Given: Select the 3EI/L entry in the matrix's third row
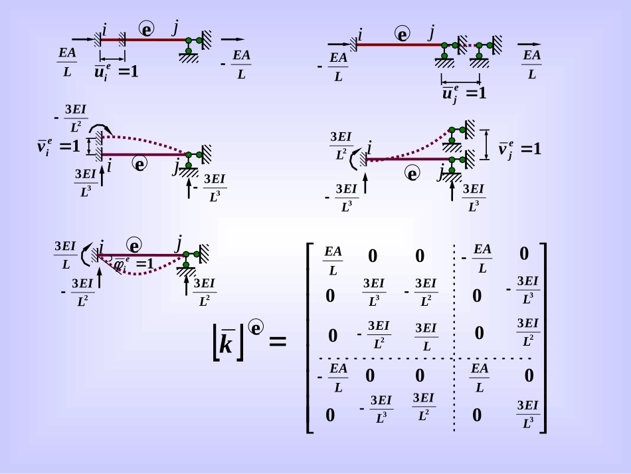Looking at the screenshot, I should (x=425, y=337).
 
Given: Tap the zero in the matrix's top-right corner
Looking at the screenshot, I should (x=524, y=254).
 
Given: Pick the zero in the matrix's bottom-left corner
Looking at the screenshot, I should (x=330, y=415).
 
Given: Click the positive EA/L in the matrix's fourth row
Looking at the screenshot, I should (x=479, y=378).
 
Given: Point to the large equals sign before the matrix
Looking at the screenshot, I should (x=278, y=342).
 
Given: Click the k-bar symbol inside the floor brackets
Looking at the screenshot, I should (x=227, y=345).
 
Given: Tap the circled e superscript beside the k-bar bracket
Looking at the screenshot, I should (x=256, y=327).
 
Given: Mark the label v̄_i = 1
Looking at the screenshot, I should (x=58, y=146).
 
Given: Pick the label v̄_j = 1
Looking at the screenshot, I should (x=520, y=149).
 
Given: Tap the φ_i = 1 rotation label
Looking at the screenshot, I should (x=135, y=263).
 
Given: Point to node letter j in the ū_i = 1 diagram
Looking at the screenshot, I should (x=175, y=27).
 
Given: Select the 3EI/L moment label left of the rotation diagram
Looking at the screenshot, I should (x=65, y=255).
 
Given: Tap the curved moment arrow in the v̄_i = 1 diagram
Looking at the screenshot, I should (x=102, y=128).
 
